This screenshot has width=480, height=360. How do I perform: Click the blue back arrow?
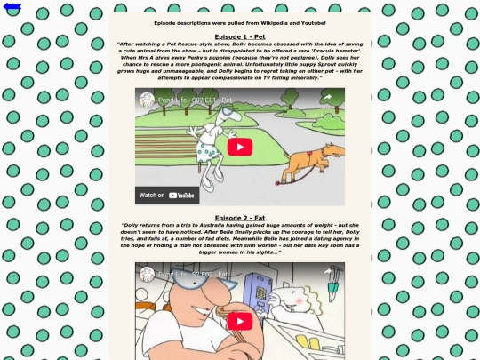click(x=12, y=8)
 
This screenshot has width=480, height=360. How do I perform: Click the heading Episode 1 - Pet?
click(x=240, y=36)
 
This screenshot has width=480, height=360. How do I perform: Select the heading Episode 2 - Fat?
click(x=240, y=217)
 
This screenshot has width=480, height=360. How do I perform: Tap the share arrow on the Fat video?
click(x=326, y=274)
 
